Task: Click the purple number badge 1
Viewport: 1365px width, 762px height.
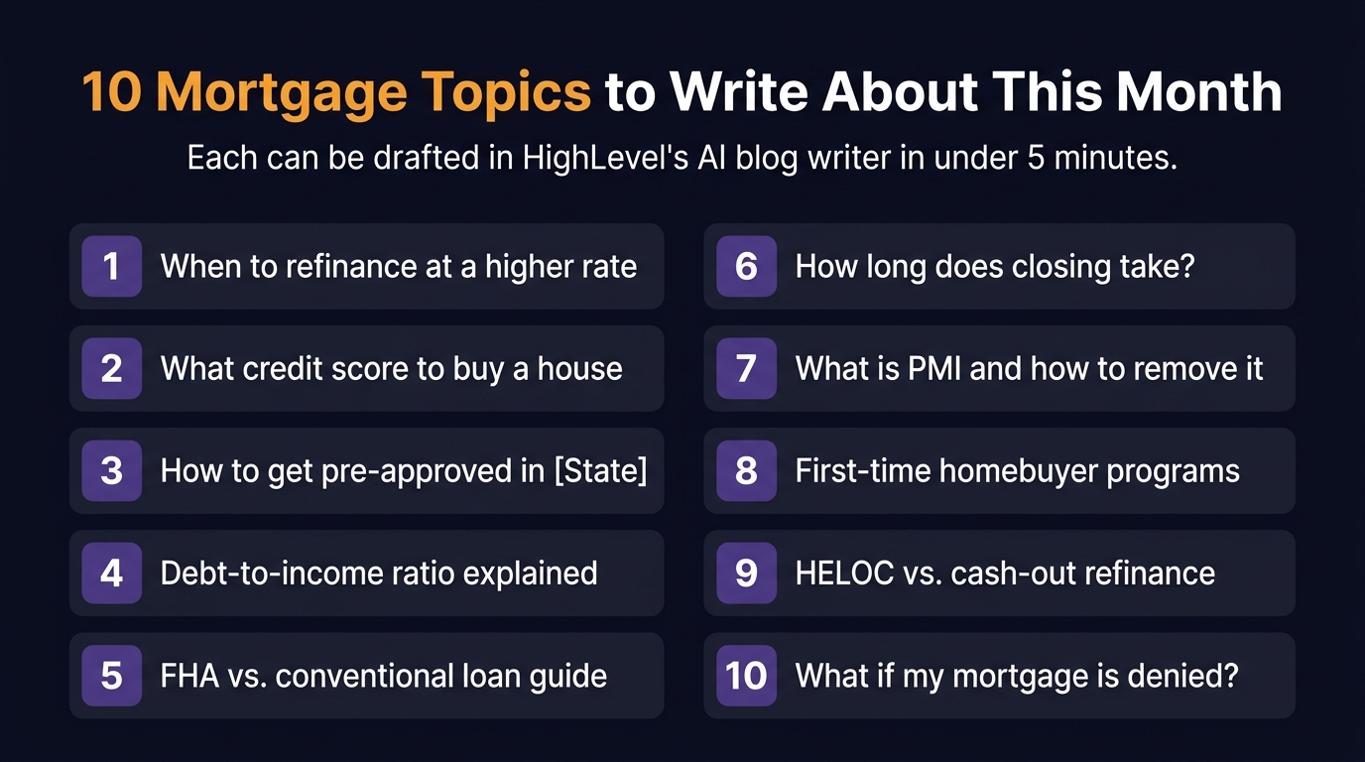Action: point(112,266)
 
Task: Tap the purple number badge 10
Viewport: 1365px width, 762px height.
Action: point(746,676)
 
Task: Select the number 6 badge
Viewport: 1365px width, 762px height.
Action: point(746,266)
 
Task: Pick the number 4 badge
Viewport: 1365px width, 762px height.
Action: point(112,573)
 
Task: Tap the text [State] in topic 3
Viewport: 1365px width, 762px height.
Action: point(599,470)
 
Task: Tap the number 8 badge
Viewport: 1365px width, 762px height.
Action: point(746,470)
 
